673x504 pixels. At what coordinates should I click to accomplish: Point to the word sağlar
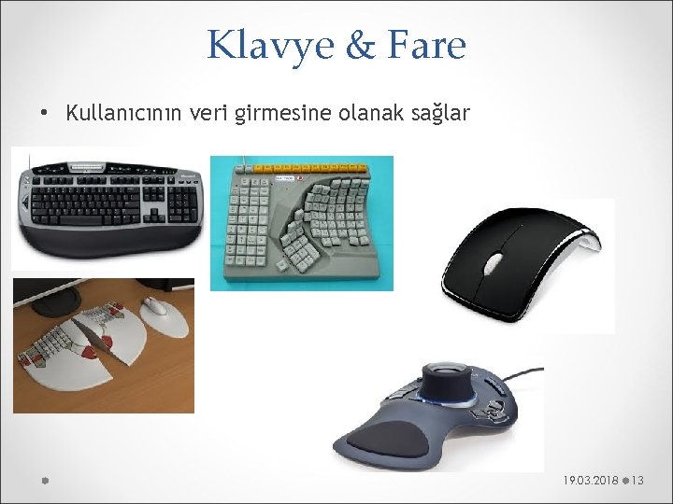(442, 114)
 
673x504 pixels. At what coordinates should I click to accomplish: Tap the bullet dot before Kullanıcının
(44, 115)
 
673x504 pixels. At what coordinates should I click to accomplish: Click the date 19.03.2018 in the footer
(591, 480)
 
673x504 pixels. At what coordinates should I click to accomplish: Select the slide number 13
(638, 480)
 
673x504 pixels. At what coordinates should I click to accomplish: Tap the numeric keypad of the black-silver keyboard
(184, 198)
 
